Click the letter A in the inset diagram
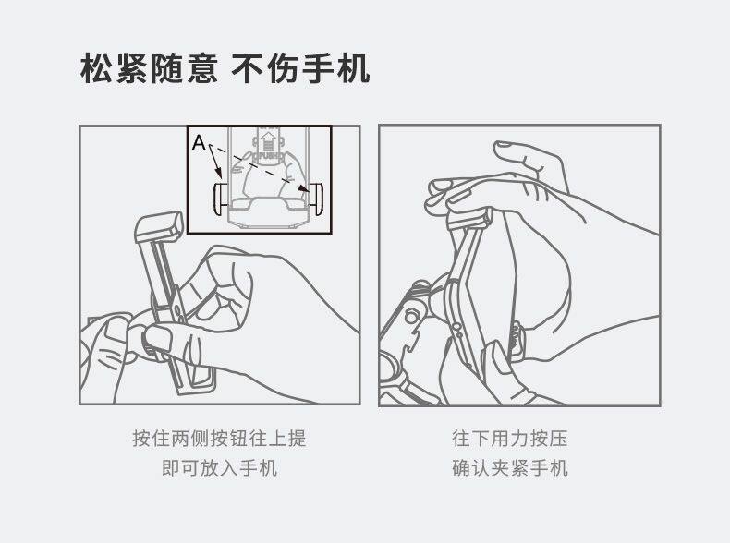coord(199,143)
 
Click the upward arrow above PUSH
coord(267,140)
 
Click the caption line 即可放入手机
coord(219,468)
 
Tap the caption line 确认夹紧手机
coord(510,468)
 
